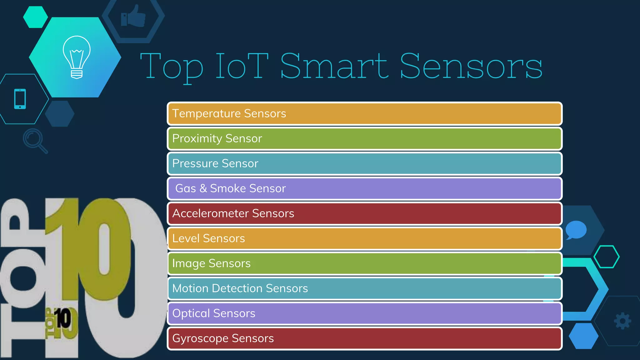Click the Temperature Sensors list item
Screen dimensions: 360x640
point(364,113)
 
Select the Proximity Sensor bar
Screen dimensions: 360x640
point(364,138)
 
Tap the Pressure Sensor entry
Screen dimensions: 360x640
point(364,163)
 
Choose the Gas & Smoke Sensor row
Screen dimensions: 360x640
point(364,188)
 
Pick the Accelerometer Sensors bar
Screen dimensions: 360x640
point(364,213)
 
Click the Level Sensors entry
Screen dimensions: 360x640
point(364,238)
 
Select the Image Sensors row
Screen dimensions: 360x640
point(364,263)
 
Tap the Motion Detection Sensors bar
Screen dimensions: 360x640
point(364,288)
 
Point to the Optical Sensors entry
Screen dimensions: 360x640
point(364,313)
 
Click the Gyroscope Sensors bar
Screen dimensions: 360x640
point(364,338)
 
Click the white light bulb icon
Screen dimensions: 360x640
point(77,57)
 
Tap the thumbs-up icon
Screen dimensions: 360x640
point(133,17)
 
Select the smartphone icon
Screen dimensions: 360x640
point(20,99)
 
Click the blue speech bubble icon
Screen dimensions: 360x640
point(576,230)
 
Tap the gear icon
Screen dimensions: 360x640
point(622,321)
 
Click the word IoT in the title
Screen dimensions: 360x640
point(242,66)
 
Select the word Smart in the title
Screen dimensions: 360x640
point(334,66)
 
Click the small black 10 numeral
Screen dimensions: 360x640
point(63,318)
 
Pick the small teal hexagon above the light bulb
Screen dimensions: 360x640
point(35,17)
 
